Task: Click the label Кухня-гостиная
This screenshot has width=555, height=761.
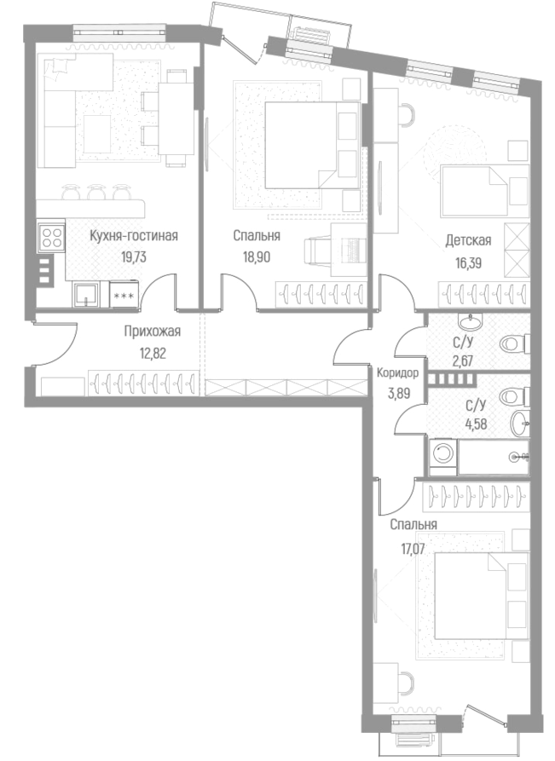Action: click(x=133, y=236)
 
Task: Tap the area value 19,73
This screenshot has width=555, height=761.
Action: click(x=133, y=255)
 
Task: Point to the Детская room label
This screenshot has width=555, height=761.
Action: click(x=468, y=242)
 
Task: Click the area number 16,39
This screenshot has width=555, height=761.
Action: click(x=468, y=262)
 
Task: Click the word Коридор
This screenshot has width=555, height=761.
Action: click(x=397, y=373)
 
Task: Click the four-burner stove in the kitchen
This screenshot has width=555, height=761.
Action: click(x=52, y=236)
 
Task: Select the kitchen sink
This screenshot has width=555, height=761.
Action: click(x=85, y=295)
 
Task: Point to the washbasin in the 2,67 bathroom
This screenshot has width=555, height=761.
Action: click(x=469, y=322)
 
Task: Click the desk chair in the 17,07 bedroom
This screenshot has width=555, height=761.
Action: click(x=407, y=683)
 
